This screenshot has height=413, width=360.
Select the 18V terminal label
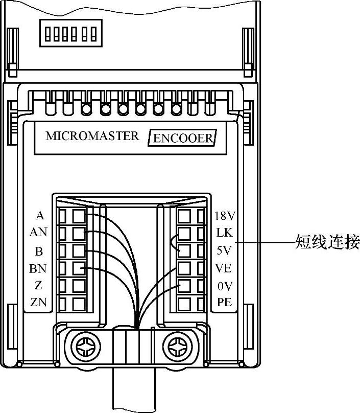click(x=224, y=215)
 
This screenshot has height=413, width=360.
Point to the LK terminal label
click(x=224, y=233)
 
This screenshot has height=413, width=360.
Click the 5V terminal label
click(x=224, y=250)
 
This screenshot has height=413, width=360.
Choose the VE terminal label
click(x=224, y=268)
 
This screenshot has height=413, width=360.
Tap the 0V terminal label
click(x=224, y=286)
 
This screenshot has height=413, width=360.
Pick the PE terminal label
click(x=224, y=303)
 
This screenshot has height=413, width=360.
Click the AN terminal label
click(x=38, y=233)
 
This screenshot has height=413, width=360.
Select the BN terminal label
click(x=38, y=268)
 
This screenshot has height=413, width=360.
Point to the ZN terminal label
click(x=38, y=303)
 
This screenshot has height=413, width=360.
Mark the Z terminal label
click(x=39, y=285)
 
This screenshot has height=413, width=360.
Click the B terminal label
click(x=39, y=250)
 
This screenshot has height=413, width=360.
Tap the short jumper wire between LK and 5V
click(x=174, y=242)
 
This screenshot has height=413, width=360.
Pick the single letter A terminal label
click(x=39, y=215)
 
